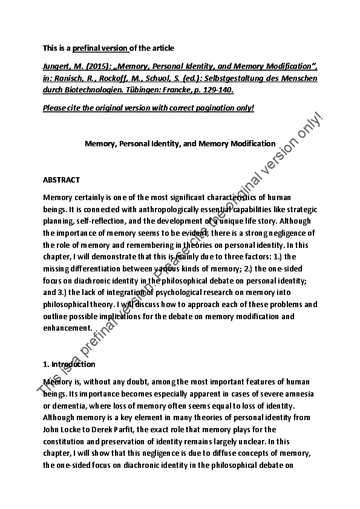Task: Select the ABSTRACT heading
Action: point(62,180)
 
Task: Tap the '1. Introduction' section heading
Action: point(69,364)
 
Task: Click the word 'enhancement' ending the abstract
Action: point(68,327)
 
